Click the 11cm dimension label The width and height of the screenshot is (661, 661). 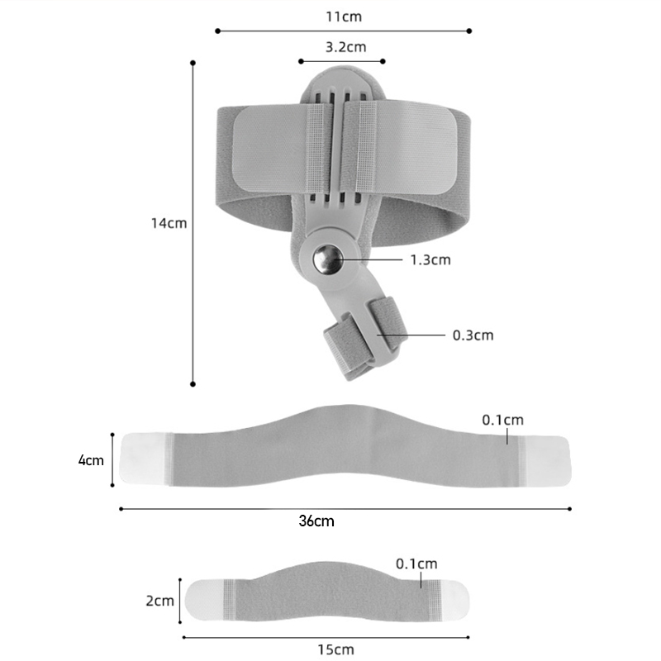pos(344,17)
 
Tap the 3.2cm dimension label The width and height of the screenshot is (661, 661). pos(345,47)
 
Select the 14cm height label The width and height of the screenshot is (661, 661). pos(169,223)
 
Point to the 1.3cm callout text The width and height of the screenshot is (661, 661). pos(430,259)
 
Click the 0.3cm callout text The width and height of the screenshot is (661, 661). pos(473,335)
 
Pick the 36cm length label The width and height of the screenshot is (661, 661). pos(316,521)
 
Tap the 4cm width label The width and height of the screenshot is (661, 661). pos(91,460)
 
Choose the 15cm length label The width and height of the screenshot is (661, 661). pos(335,649)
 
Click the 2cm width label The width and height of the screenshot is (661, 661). pos(160,601)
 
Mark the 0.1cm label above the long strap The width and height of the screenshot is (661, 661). pos(503,420)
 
